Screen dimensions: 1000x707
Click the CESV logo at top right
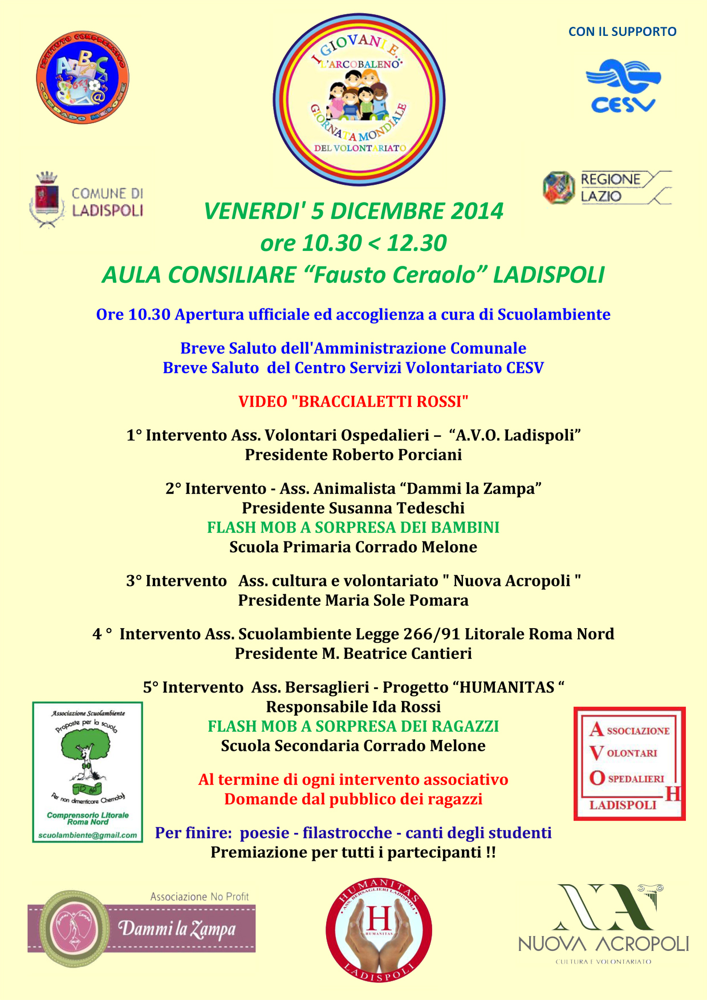(623, 86)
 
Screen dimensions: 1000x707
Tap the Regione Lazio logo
(607, 188)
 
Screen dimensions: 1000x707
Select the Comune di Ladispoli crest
(47, 200)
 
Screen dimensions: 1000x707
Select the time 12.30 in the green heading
(417, 244)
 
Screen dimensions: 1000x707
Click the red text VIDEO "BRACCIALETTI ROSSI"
(353, 402)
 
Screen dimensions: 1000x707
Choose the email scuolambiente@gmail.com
(87, 836)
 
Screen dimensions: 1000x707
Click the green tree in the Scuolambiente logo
(84, 747)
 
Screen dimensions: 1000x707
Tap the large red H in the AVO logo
(673, 793)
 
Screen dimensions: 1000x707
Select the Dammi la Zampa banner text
(177, 929)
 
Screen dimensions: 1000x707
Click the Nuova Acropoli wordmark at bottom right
(603, 944)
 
